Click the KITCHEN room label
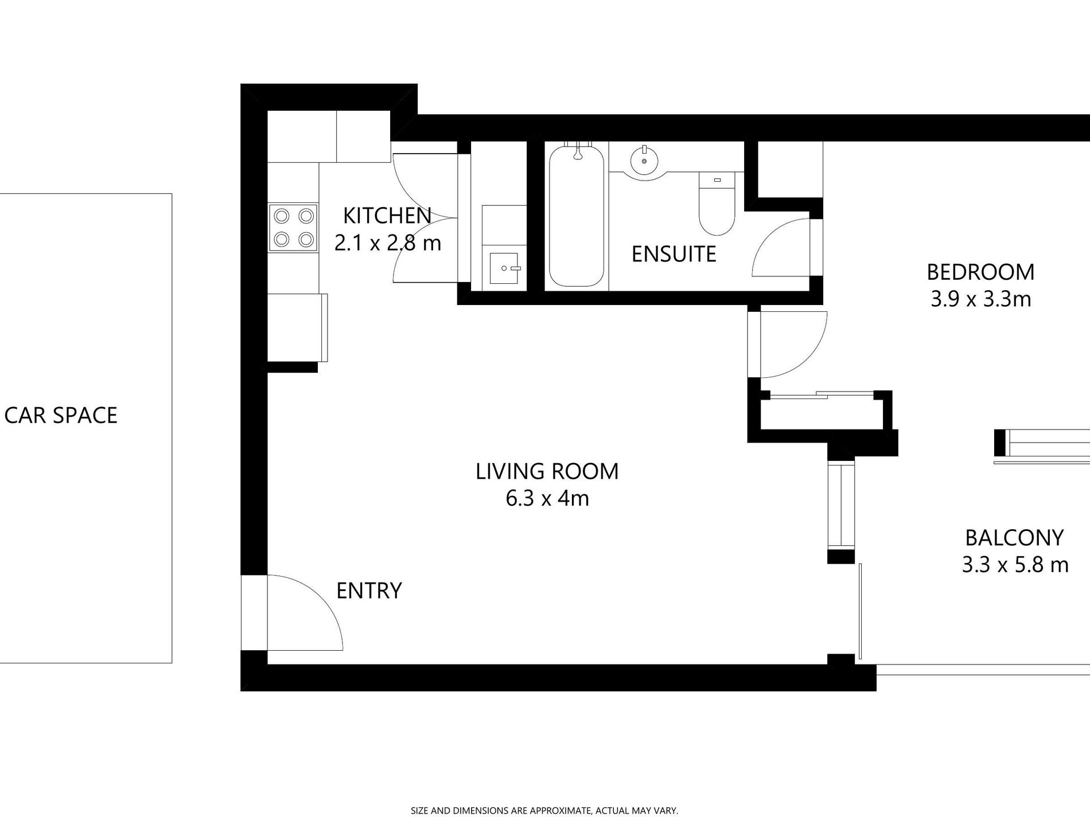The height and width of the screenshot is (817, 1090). pyautogui.click(x=387, y=216)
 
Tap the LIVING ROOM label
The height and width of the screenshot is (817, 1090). pyautogui.click(x=547, y=471)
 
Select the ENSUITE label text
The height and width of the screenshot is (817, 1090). pyautogui.click(x=674, y=254)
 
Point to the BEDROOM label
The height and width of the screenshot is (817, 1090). pyautogui.click(x=980, y=272)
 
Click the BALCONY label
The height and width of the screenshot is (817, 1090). pyautogui.click(x=1014, y=538)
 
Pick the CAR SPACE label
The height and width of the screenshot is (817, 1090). pyautogui.click(x=61, y=415)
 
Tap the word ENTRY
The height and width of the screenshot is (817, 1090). pyautogui.click(x=369, y=591)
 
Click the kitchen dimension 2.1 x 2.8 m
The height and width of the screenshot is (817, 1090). pyautogui.click(x=388, y=243)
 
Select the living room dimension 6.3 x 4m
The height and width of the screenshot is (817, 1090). pyautogui.click(x=547, y=499)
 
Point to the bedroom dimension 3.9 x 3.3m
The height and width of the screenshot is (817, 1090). pyautogui.click(x=980, y=299)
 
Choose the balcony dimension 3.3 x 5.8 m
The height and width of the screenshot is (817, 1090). pyautogui.click(x=1015, y=565)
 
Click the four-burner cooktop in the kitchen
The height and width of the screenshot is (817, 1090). pyautogui.click(x=293, y=227)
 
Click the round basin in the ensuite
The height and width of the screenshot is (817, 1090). pyautogui.click(x=645, y=162)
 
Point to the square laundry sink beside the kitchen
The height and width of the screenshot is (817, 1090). pyautogui.click(x=504, y=268)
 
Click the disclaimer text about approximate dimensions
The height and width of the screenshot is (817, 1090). pyautogui.click(x=544, y=811)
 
